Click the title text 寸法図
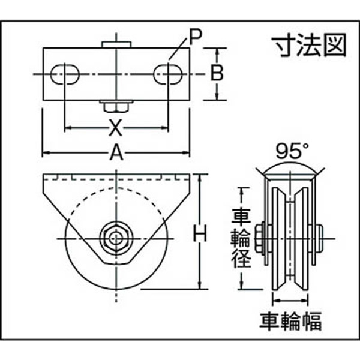(x=308, y=45)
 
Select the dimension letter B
(x=217, y=73)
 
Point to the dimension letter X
(x=115, y=128)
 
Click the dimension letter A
(x=116, y=152)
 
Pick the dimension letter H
(x=200, y=233)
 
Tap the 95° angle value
(x=292, y=151)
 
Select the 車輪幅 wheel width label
(x=290, y=321)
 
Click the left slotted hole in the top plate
(x=65, y=74)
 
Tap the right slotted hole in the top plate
(x=168, y=74)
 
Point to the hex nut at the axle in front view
(x=116, y=238)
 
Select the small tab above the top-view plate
(x=116, y=44)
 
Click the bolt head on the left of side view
(x=260, y=239)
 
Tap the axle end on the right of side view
(x=319, y=239)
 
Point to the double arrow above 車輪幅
(x=290, y=300)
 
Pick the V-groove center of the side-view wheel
(x=290, y=239)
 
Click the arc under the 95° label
(x=290, y=164)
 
